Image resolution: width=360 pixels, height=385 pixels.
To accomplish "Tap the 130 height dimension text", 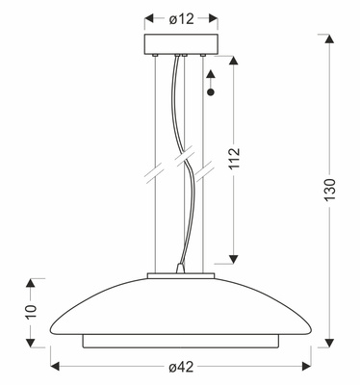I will click(x=329, y=192).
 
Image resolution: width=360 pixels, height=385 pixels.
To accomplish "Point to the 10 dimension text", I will click(x=30, y=312).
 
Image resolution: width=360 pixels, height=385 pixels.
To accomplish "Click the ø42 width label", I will click(x=181, y=366).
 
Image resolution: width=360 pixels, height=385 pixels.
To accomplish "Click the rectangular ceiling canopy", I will click(x=181, y=45).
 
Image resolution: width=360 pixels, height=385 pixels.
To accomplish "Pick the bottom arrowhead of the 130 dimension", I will click(x=329, y=341).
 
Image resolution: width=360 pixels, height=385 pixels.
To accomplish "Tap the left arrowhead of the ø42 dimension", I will click(x=55, y=366).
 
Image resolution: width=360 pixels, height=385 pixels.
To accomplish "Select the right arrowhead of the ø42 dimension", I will click(x=306, y=366).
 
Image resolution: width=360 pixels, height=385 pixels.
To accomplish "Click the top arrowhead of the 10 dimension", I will click(x=30, y=284).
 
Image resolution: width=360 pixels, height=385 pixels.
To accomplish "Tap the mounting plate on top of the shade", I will click(x=180, y=279).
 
